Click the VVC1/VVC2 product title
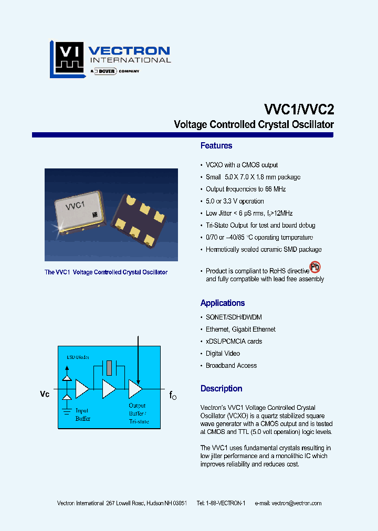[x=298, y=109]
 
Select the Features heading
[x=216, y=146]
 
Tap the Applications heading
[x=223, y=303]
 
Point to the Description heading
[x=221, y=389]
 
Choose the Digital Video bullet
[x=223, y=354]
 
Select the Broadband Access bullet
[x=231, y=366]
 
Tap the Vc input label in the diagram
[x=45, y=394]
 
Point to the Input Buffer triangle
[x=82, y=389]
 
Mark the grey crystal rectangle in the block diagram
[x=108, y=367]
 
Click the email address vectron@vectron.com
[x=297, y=503]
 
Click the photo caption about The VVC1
[x=106, y=272]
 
